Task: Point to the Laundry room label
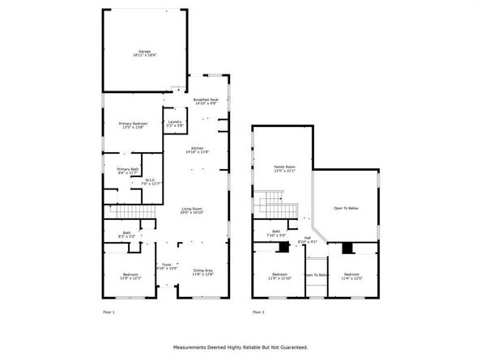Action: click(175, 124)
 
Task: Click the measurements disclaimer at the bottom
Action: click(240, 348)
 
